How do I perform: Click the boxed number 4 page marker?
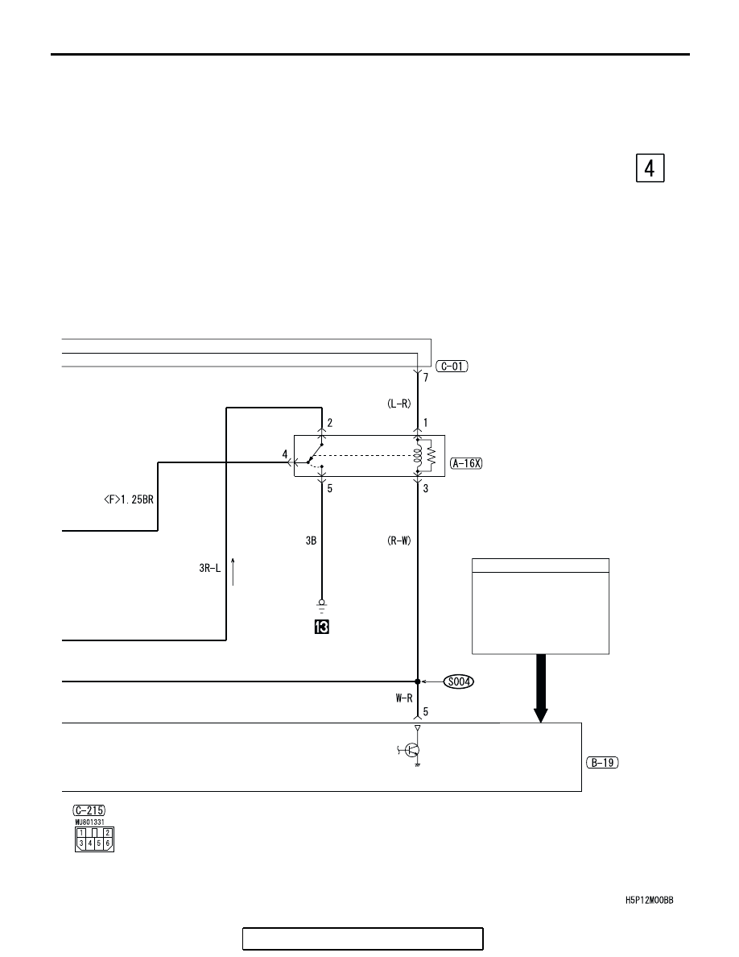(650, 168)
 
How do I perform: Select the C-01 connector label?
(452, 367)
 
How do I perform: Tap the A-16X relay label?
(466, 463)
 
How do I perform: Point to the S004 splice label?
(459, 681)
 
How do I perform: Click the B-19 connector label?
(602, 762)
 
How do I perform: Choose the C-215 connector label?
(89, 810)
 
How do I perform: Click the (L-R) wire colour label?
(399, 404)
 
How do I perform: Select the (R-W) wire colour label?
(399, 541)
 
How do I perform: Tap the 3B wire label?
(311, 541)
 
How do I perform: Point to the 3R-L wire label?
(210, 568)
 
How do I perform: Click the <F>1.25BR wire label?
(129, 500)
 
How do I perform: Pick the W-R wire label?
(403, 698)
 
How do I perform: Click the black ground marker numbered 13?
(321, 627)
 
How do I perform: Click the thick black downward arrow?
(540, 689)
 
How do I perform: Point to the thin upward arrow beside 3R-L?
(233, 571)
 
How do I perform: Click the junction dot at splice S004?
(418, 681)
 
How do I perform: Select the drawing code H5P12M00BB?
(650, 901)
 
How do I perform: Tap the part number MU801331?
(89, 822)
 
